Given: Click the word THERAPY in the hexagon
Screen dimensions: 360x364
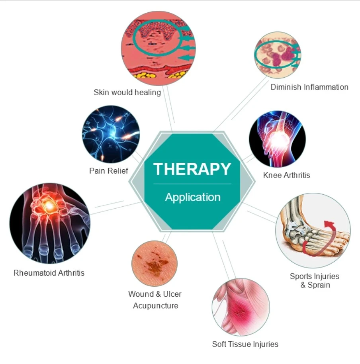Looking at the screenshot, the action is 192,169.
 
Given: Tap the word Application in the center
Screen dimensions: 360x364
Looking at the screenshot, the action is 193,197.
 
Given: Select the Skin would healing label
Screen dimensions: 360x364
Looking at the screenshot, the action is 127,92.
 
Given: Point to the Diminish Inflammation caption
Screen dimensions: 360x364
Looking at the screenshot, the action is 309,87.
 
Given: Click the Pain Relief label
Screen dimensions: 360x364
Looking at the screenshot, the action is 109,171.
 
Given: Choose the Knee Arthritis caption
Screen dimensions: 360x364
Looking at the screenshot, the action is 286,175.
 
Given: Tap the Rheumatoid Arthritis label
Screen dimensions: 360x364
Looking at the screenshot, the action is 49,273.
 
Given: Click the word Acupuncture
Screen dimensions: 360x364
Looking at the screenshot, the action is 156,306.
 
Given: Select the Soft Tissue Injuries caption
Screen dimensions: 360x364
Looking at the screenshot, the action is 245,344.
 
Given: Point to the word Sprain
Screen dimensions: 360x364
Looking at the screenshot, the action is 319,285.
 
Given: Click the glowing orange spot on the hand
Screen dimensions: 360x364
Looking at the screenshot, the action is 49,205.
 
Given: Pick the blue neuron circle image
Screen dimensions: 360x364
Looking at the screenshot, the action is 111,134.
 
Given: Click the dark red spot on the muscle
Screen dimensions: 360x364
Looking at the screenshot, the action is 239,313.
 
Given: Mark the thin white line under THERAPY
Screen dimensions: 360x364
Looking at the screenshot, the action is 192,184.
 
